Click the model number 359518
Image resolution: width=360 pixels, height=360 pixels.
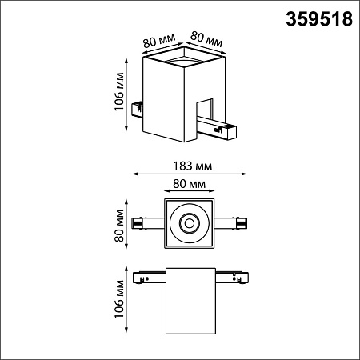(319, 19)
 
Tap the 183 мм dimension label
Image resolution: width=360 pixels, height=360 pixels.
(193, 166)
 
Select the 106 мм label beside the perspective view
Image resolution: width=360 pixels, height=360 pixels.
(119, 91)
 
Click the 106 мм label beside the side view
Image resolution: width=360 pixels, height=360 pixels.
(119, 299)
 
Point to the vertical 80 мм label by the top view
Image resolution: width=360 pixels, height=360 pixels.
(119, 226)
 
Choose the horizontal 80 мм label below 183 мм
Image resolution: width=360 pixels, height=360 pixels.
(189, 184)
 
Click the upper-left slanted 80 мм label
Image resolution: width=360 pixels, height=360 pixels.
(159, 41)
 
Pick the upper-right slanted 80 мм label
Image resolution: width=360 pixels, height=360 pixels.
(206, 39)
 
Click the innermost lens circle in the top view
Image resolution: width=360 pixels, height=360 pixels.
(190, 223)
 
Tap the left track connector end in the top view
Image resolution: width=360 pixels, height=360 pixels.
(138, 223)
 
